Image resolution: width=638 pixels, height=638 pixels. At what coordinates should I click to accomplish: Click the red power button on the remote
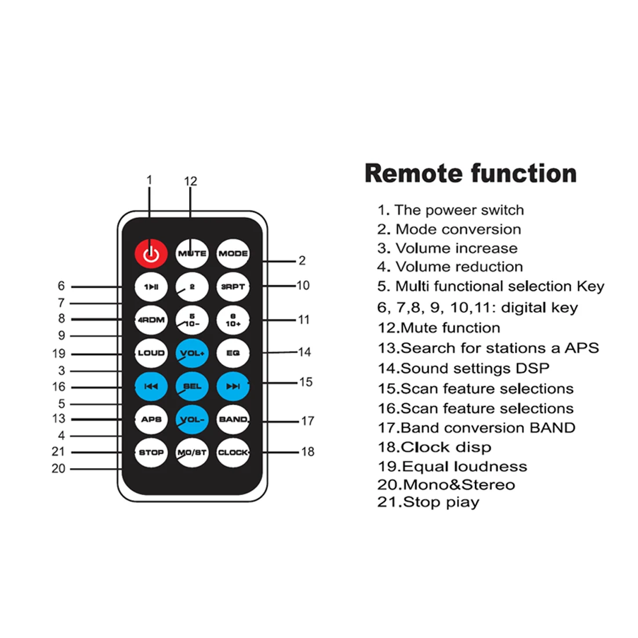(151, 253)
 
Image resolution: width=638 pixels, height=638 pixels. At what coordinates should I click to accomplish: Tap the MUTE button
(192, 253)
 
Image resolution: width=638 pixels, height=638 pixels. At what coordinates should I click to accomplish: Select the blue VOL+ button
(192, 353)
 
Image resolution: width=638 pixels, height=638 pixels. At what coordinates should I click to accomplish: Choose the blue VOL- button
(192, 419)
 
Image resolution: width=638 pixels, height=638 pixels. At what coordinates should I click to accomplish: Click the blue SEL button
(192, 386)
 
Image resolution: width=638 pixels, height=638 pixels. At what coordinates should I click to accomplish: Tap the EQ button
(233, 353)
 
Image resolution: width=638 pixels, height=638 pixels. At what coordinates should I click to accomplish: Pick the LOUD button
(151, 353)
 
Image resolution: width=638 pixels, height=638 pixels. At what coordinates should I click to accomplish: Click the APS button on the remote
(151, 419)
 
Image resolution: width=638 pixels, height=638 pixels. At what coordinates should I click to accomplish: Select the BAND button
(233, 419)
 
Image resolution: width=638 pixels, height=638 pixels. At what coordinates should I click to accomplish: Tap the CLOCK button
(233, 452)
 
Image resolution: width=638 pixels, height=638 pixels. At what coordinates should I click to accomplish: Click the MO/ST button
(192, 452)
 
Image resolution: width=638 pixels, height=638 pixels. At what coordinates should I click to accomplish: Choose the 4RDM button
(151, 320)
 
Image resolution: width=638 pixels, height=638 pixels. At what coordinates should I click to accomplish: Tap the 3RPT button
(233, 287)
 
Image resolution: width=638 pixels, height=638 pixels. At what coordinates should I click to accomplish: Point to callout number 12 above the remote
(191, 182)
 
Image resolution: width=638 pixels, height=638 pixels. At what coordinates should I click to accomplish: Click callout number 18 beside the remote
(307, 451)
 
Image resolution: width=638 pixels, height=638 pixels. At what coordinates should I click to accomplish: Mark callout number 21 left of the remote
(59, 452)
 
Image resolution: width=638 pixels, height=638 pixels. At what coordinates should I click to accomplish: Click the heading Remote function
(470, 173)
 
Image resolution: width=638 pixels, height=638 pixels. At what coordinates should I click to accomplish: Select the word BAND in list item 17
(552, 428)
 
